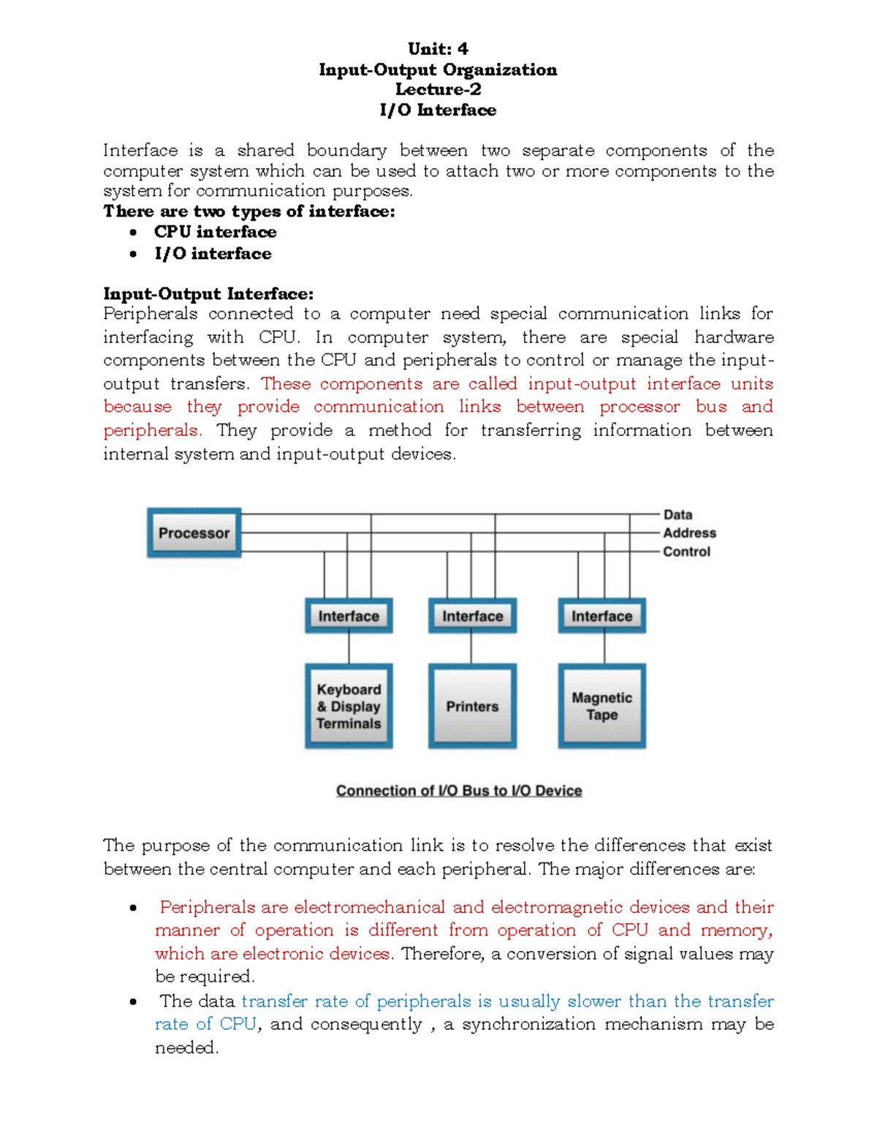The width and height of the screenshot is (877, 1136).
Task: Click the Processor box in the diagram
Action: coord(194,533)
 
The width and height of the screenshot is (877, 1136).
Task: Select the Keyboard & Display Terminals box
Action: coord(349,706)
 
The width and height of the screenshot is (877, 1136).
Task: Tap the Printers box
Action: coord(472,706)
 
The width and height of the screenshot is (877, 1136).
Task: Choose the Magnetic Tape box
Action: coord(601,706)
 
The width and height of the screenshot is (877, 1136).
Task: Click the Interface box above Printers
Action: coord(472,616)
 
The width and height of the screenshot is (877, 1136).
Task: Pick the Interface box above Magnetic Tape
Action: coord(601,616)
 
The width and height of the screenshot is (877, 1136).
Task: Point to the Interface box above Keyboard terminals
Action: coord(349,616)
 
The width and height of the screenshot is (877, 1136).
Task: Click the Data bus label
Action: coord(677,515)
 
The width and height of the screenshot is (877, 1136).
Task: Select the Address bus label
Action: coord(689,533)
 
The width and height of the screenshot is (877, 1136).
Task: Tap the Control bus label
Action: coord(686,552)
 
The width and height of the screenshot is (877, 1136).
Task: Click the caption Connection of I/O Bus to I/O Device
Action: coord(459,791)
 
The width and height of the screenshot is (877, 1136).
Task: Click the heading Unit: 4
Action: coord(438,49)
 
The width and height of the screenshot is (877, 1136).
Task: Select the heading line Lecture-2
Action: coord(438,89)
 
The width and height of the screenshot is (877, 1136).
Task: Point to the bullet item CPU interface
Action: coord(215,232)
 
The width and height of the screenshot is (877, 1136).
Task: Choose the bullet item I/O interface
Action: coord(213,254)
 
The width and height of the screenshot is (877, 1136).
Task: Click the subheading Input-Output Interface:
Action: coord(208,294)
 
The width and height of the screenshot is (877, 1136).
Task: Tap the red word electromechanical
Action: coord(369,907)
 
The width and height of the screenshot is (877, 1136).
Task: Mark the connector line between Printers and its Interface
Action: coord(471,648)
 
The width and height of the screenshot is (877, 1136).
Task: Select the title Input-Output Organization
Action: coord(438,69)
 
